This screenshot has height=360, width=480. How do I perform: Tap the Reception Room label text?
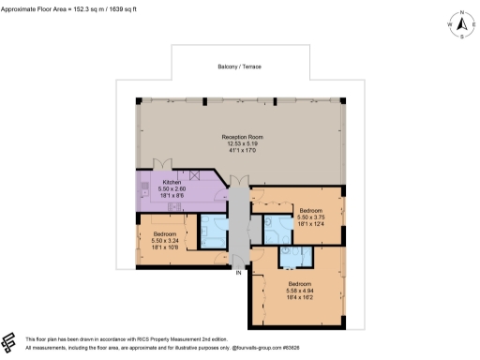click(x=239, y=137)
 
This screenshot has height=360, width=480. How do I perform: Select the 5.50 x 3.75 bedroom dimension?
click(x=311, y=217)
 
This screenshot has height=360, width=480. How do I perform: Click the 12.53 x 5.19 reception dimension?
click(x=239, y=143)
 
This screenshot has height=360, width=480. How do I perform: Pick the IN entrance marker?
click(x=238, y=273)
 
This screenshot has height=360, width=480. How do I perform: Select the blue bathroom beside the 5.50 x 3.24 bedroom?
click(x=212, y=232)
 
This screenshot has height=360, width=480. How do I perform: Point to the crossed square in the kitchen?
click(x=195, y=175)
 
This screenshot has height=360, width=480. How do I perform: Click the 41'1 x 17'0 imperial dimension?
click(x=239, y=150)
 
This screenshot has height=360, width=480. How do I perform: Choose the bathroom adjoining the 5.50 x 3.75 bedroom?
click(x=277, y=228)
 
